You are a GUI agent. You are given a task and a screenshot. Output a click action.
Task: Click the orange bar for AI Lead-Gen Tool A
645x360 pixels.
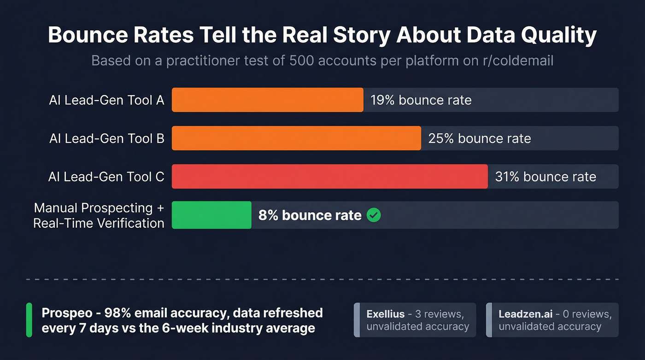267,100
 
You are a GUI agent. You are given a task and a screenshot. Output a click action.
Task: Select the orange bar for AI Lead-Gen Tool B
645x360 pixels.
296,138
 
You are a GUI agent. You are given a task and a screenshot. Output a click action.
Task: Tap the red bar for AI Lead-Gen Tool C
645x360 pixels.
329,177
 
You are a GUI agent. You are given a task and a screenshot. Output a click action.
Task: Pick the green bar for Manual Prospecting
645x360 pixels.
211,215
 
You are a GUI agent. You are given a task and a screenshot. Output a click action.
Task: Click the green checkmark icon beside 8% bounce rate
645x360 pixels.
374,215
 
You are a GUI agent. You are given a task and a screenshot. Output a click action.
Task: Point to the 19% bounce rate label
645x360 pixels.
421,100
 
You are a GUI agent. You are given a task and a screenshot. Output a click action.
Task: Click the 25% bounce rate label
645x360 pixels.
479,138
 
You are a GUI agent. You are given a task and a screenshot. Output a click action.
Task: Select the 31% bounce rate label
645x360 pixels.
545,177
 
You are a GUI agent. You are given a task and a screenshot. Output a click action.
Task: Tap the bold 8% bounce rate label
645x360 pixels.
310,215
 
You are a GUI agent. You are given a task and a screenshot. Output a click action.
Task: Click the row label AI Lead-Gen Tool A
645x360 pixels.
106,100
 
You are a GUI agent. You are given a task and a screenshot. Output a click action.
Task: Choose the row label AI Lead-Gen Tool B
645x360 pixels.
106,138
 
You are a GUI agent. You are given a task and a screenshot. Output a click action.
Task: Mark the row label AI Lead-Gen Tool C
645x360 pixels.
106,177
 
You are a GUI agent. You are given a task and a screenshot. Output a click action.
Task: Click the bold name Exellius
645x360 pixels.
386,314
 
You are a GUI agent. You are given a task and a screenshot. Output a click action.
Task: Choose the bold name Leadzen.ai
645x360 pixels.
525,314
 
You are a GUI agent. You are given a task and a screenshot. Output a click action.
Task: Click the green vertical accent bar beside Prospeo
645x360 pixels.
29,320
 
